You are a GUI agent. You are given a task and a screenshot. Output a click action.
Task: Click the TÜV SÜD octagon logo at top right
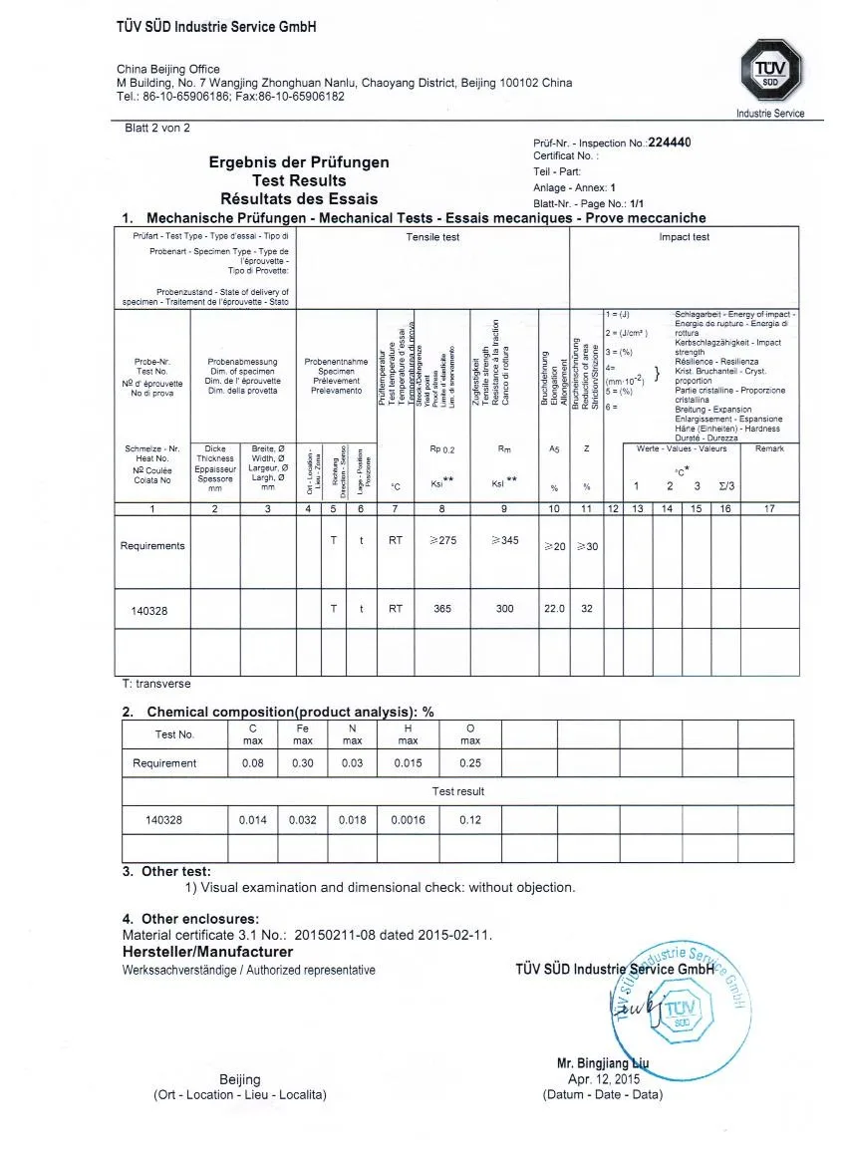pos(770,77)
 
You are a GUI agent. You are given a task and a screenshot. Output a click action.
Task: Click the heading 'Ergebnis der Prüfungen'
pos(299,162)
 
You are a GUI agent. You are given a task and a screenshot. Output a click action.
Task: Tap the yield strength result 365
pos(442,609)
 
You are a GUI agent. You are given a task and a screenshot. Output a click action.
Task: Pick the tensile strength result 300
pos(504,609)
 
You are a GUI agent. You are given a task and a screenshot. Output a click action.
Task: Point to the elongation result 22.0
pos(554,609)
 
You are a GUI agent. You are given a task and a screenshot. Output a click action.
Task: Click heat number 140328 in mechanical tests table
pos(149,609)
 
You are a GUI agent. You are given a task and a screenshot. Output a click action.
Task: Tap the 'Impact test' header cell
pos(684,237)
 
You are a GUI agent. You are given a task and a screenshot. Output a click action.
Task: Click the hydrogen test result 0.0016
pos(408,820)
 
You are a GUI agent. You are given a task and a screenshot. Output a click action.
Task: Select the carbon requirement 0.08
pos(252,763)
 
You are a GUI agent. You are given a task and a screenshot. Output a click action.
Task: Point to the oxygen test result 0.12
pos(470,820)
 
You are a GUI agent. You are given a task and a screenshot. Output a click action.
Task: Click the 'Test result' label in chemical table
pos(457,791)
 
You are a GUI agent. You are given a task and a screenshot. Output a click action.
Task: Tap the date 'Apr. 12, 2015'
pos(603,1079)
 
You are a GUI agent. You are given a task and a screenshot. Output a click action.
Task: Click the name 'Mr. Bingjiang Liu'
pos(603,1064)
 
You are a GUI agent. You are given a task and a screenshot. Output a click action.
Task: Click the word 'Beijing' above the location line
pos(239,1079)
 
